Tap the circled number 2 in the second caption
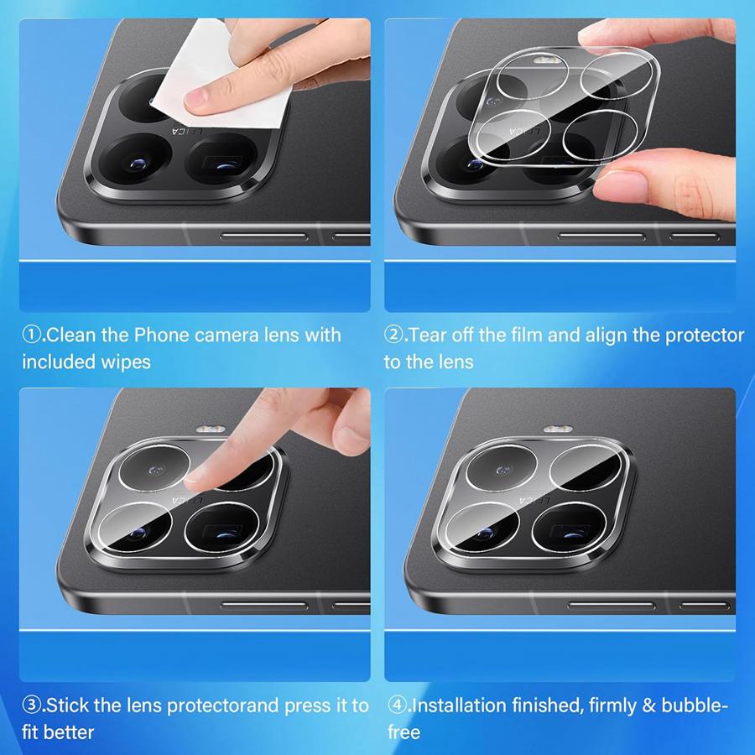click(394, 336)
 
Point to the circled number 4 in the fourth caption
click(397, 706)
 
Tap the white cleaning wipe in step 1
click(221, 63)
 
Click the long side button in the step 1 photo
click(264, 237)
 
